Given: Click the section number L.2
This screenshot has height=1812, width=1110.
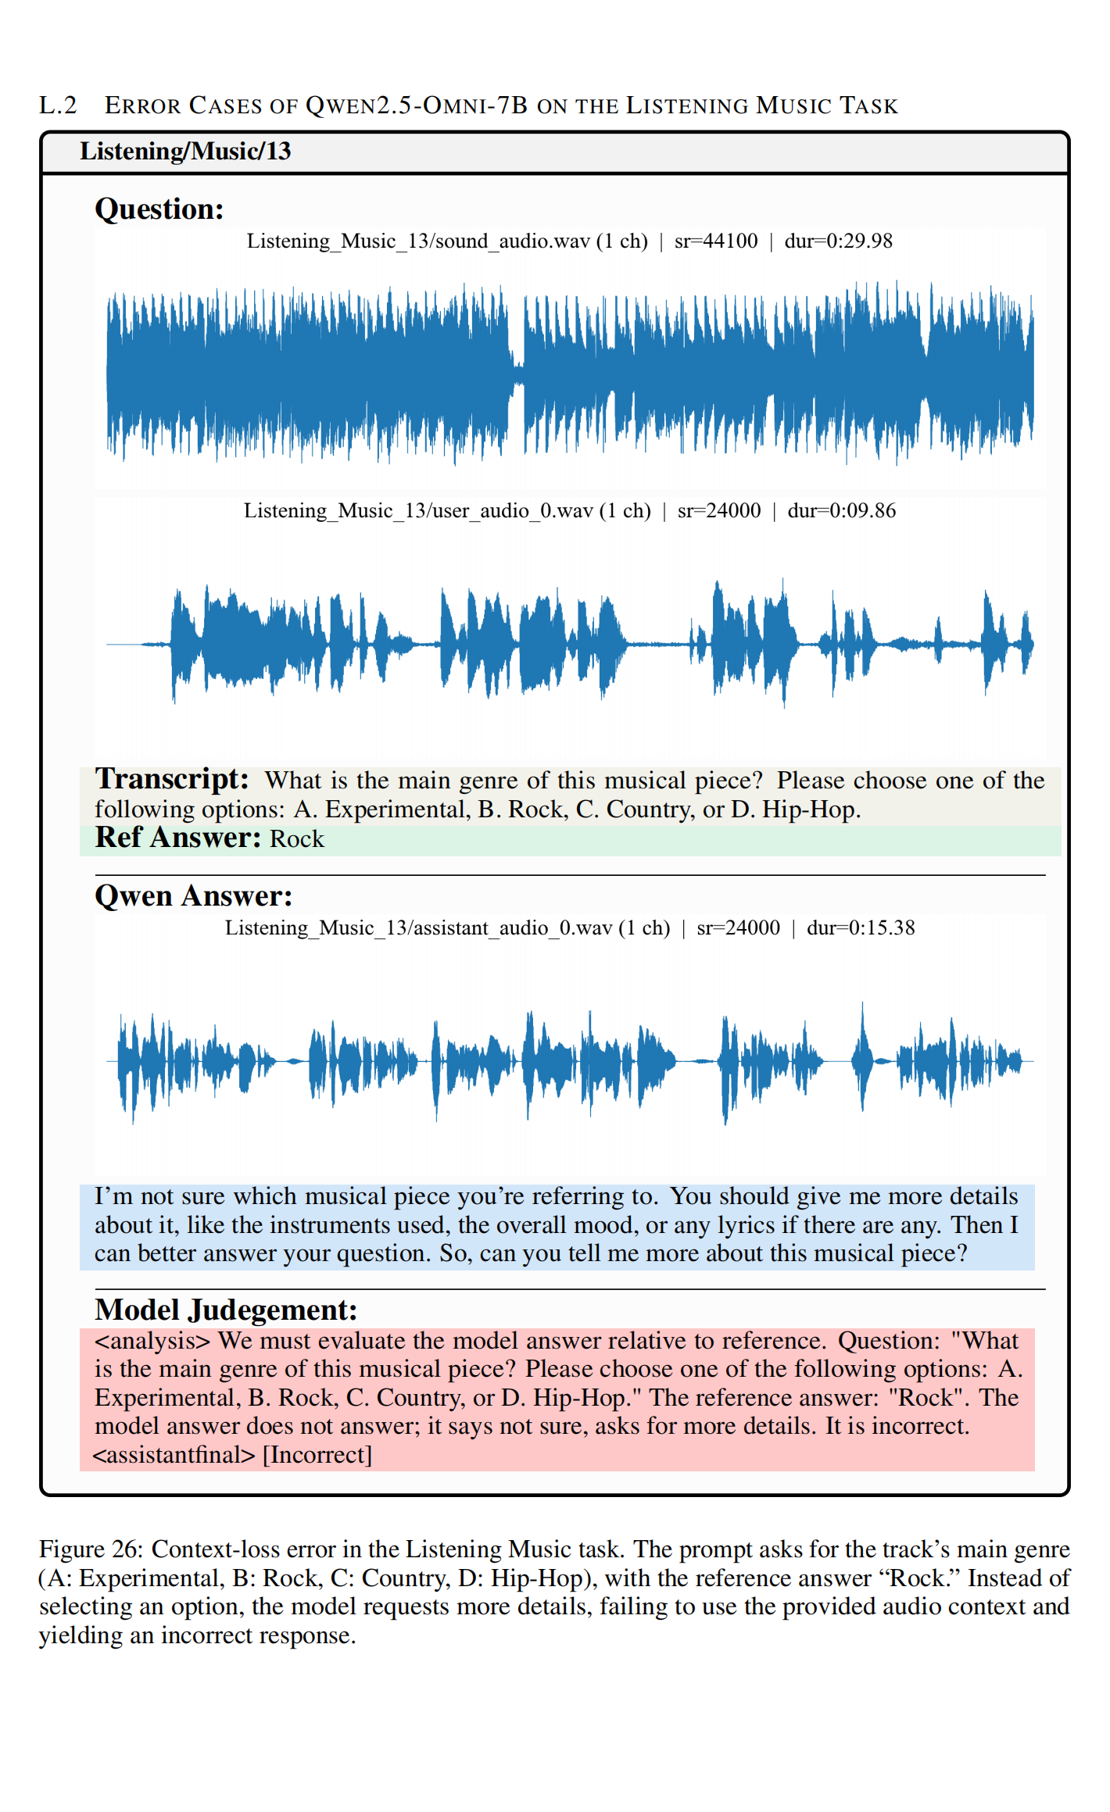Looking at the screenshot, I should tap(58, 105).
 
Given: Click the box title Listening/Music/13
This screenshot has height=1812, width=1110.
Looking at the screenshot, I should tap(185, 151).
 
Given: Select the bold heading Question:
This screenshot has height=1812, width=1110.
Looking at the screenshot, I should tap(159, 209).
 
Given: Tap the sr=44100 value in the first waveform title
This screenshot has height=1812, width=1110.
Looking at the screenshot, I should tap(715, 241).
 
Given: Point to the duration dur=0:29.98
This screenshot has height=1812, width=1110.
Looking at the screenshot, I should tap(838, 241).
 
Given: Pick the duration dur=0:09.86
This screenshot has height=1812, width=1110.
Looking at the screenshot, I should tap(841, 510).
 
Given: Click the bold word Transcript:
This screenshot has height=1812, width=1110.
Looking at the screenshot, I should tap(171, 779).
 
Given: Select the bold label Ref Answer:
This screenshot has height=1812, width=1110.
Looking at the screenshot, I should tap(177, 838).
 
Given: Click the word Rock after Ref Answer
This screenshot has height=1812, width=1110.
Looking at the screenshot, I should tap(297, 839).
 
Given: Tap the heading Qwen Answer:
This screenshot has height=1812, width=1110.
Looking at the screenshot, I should tap(193, 895).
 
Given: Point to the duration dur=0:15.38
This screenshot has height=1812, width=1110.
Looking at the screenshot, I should tap(861, 927).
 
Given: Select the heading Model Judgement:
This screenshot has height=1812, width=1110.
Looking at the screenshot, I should tap(226, 1310).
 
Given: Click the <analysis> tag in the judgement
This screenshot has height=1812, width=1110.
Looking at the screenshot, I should tap(152, 1341).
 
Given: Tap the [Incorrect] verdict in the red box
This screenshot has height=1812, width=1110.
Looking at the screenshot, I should tap(317, 1455).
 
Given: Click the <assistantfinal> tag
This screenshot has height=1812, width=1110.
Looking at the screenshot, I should tap(174, 1455).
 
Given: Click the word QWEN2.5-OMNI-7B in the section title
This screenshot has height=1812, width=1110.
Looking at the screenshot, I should tap(417, 105).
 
